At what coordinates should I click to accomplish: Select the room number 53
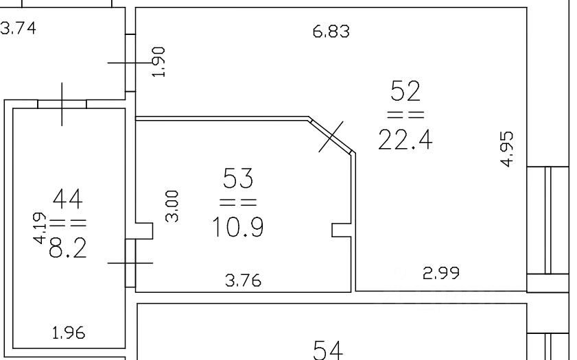pyautogui.click(x=238, y=179)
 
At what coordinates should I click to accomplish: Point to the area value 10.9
pyautogui.click(x=238, y=226)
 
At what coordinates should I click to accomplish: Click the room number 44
pyautogui.click(x=67, y=200)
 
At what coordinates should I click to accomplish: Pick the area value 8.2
pyautogui.click(x=67, y=248)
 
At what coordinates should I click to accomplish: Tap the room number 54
pyautogui.click(x=328, y=350)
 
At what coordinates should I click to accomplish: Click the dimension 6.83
pyautogui.click(x=331, y=32)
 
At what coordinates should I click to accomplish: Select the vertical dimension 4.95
pyautogui.click(x=507, y=149)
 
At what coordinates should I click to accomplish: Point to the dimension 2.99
pyautogui.click(x=440, y=272)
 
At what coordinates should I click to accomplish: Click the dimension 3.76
pyautogui.click(x=243, y=280)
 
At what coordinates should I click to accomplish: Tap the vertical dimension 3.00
pyautogui.click(x=173, y=205)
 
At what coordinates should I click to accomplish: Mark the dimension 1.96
pyautogui.click(x=69, y=334)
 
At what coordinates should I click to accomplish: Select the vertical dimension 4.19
pyautogui.click(x=40, y=228)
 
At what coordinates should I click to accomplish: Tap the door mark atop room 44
pyautogui.click(x=62, y=104)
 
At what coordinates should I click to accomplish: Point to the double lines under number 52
pyautogui.click(x=405, y=115)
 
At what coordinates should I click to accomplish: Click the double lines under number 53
pyautogui.click(x=238, y=202)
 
